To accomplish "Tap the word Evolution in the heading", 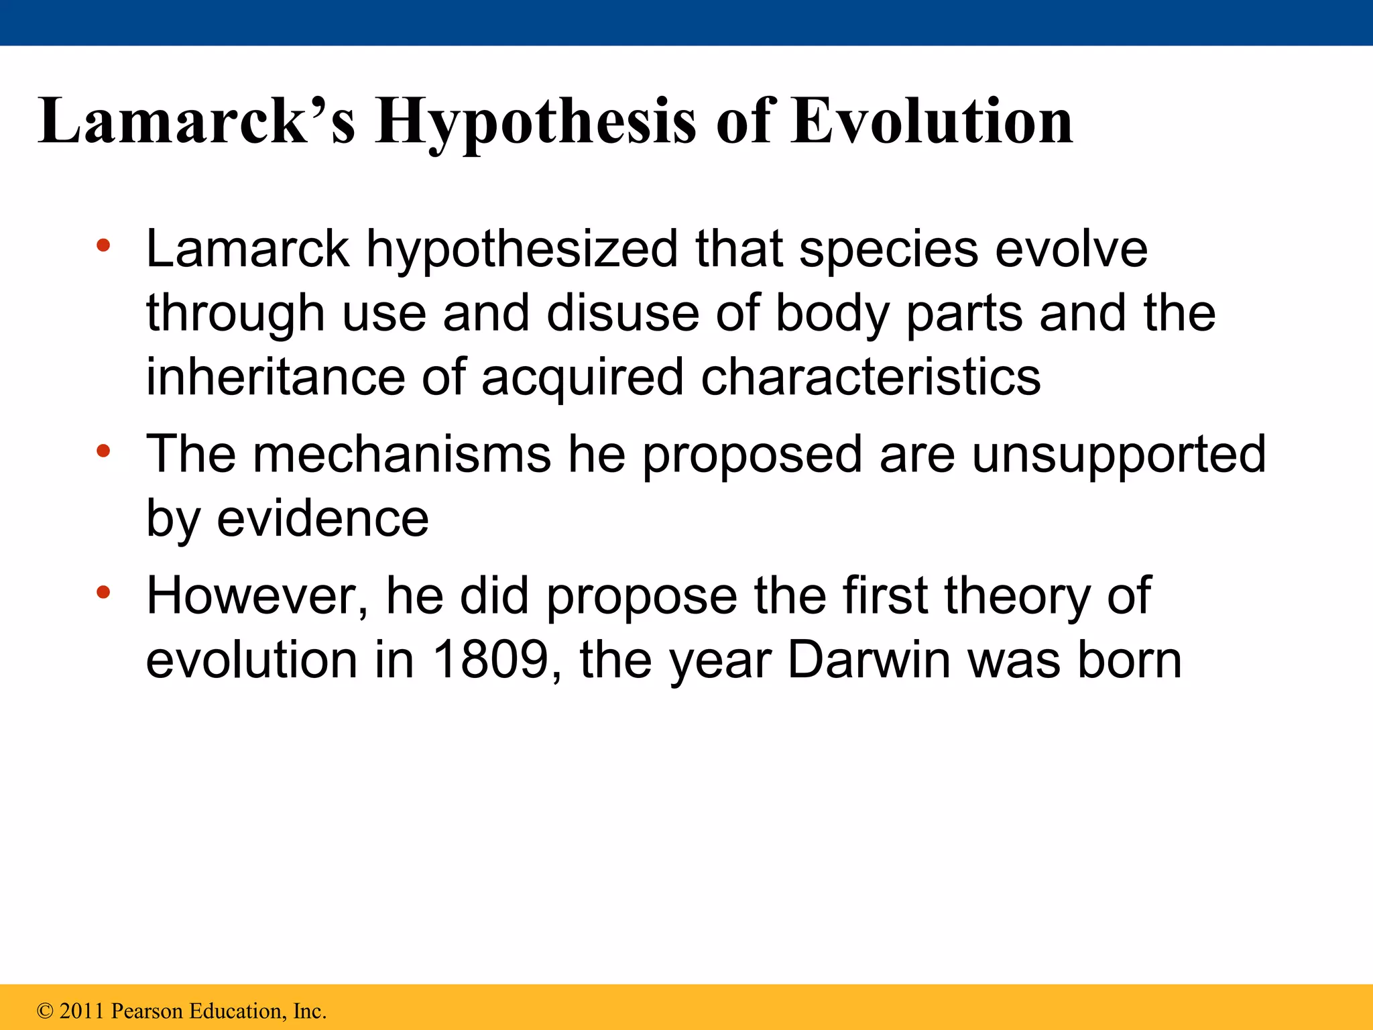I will pyautogui.click(x=932, y=122).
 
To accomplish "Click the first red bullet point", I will pyautogui.click(x=103, y=245).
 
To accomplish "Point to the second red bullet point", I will pyautogui.click(x=103, y=451).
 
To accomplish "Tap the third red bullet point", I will pyautogui.click(x=103, y=592).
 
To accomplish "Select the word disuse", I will pyautogui.click(x=622, y=313).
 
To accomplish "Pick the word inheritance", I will pyautogui.click(x=276, y=377).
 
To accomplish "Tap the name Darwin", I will pyautogui.click(x=869, y=660).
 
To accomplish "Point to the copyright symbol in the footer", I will pyautogui.click(x=45, y=1011).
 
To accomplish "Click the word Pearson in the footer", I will pyautogui.click(x=147, y=1011).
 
